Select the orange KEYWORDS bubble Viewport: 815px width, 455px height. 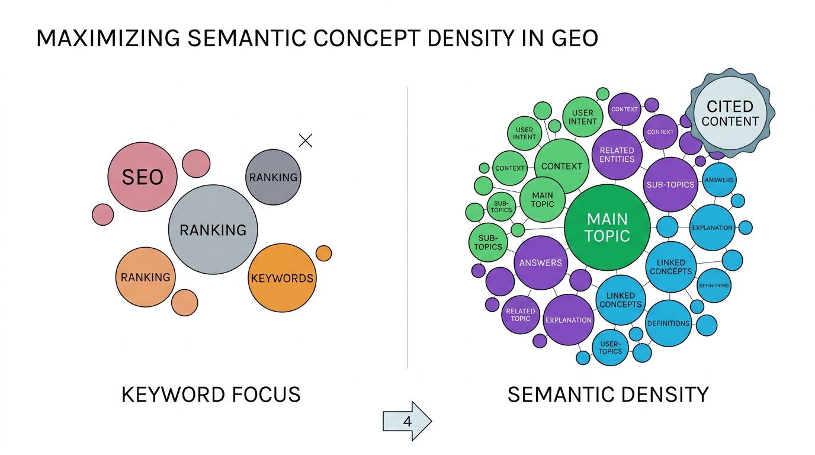tap(282, 278)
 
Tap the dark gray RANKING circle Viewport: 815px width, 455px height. tap(273, 177)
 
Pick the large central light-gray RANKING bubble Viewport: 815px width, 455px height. tap(213, 230)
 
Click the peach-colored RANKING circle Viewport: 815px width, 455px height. tap(145, 277)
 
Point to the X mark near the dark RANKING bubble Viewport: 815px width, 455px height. tap(306, 140)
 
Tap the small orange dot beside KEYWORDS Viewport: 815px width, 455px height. tap(323, 253)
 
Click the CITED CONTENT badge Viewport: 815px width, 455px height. tap(730, 114)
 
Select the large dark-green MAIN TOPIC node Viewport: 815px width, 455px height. tap(607, 227)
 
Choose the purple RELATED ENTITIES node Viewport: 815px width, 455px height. tap(617, 155)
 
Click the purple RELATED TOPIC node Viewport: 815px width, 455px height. tap(521, 315)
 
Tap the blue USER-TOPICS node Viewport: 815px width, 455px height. tap(610, 348)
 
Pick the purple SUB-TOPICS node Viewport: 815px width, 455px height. tap(670, 184)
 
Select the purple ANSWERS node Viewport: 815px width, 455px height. tap(540, 263)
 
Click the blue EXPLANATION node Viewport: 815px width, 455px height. tap(712, 227)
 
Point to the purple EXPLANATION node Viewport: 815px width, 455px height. tap(568, 320)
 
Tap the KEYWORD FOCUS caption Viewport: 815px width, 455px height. tap(211, 395)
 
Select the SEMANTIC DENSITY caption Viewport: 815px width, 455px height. tap(608, 395)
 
